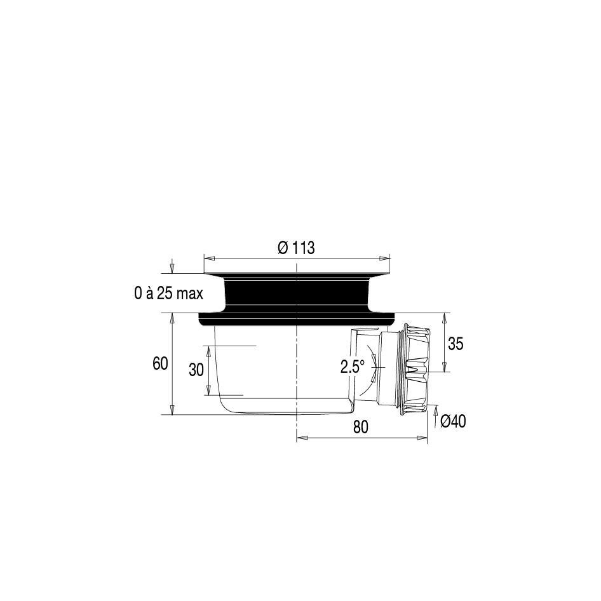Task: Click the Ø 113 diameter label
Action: pos(296,248)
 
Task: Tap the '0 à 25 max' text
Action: pos(168,294)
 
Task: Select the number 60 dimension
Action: pos(160,363)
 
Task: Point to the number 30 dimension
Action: pos(196,370)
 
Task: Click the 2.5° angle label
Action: pos(352,367)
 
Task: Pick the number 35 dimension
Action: pos(456,344)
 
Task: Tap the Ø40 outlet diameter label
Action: pos(453,421)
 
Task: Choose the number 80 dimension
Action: pos(361,426)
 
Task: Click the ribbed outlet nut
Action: pos(416,368)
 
